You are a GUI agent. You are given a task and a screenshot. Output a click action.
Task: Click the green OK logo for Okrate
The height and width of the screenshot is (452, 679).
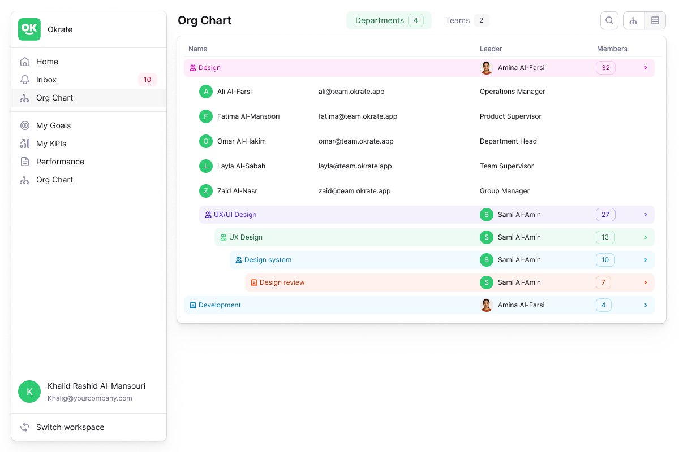point(29,29)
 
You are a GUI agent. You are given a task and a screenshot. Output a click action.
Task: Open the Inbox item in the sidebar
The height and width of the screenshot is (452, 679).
point(46,80)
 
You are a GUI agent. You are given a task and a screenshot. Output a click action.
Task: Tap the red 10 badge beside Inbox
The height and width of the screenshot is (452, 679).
point(147,80)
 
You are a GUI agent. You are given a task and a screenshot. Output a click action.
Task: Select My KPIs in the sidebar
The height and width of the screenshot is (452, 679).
point(51,144)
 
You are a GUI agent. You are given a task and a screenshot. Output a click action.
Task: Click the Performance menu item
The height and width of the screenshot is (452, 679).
point(60,162)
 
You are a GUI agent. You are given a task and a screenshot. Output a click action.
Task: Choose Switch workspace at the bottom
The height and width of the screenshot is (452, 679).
point(70,427)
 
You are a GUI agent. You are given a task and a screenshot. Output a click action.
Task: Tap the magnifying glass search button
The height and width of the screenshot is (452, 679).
point(609,20)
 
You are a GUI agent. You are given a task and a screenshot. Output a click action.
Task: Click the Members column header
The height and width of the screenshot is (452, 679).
point(612,49)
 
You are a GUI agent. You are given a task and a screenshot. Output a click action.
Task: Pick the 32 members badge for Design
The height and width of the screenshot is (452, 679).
point(605,68)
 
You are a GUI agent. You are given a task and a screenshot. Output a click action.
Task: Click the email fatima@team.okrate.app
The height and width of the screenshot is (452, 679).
point(358,116)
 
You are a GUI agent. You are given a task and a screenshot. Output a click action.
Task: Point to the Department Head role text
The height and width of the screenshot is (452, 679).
point(508,141)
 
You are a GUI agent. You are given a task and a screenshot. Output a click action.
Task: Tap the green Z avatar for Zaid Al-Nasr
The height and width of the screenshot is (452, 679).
point(206,191)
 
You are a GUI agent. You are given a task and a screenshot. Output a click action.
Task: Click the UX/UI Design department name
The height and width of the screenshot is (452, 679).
point(235,215)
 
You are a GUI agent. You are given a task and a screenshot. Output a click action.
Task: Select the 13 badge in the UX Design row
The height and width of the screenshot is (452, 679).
point(605,237)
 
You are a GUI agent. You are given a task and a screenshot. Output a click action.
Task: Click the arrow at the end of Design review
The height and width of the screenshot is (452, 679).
point(646,282)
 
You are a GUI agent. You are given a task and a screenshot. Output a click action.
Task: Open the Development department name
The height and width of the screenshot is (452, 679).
point(220,305)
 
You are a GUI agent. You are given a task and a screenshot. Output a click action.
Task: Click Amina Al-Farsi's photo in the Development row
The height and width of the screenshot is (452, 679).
point(487,305)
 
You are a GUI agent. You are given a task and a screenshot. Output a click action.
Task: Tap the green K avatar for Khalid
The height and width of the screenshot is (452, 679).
point(29,392)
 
